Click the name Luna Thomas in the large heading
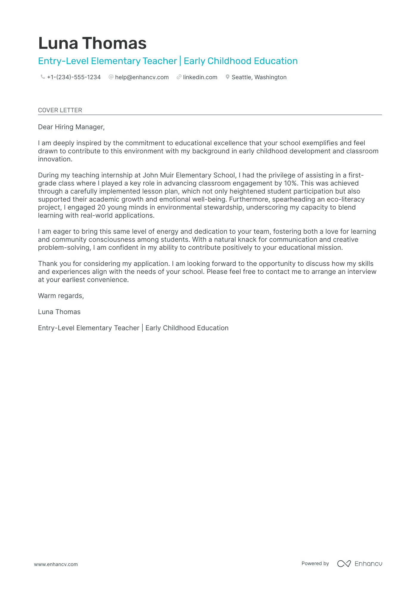coord(92,43)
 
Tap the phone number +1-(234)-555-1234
coord(74,77)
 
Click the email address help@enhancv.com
coord(142,77)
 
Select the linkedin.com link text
coord(200,77)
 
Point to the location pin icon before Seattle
coord(228,77)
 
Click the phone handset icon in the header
coord(43,77)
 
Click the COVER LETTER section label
coord(60,110)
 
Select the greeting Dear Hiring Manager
coord(71,127)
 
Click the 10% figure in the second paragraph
coord(290,183)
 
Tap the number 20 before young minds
coord(101,208)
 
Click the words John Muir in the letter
coord(158,175)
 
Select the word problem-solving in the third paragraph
coord(64,248)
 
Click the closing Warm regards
coord(61,296)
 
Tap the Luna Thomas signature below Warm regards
coord(59,312)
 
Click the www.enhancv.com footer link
coord(56,564)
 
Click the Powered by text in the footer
coord(315,563)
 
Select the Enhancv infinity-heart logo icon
coord(344,564)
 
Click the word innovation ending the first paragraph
coord(55,159)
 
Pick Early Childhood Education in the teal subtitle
coord(240,61)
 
